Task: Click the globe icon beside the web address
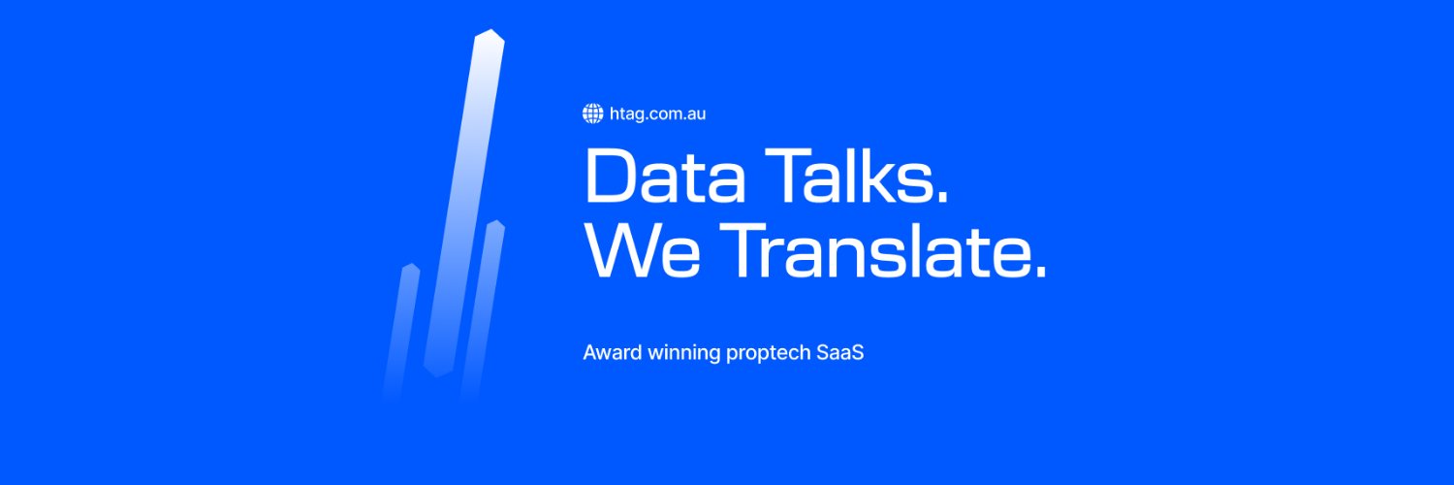592,113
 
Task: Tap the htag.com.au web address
657,113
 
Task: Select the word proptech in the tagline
767,353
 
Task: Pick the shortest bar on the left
401,330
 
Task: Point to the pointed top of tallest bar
490,34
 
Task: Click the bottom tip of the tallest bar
438,372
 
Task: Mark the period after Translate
1039,272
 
